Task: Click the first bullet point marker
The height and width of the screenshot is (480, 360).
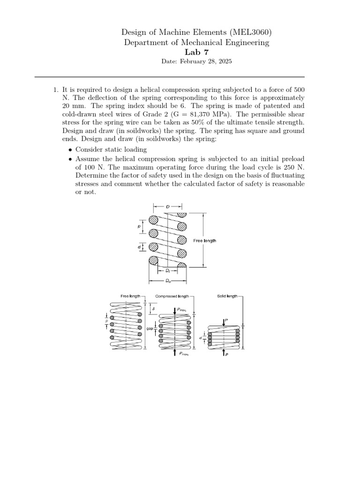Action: coord(70,150)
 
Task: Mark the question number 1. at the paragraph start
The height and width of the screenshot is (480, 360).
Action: coord(55,89)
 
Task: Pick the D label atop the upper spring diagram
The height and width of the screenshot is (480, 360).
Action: coord(168,206)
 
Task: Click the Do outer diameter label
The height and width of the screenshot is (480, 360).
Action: coord(168,281)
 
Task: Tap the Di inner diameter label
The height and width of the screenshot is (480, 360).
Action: coord(167,271)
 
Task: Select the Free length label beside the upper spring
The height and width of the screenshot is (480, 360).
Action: coord(204,240)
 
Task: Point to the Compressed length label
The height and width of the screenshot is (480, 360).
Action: coord(172,297)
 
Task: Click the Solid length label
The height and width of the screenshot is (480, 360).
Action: coord(227,297)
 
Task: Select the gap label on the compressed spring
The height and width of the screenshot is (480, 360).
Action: coord(150,329)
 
